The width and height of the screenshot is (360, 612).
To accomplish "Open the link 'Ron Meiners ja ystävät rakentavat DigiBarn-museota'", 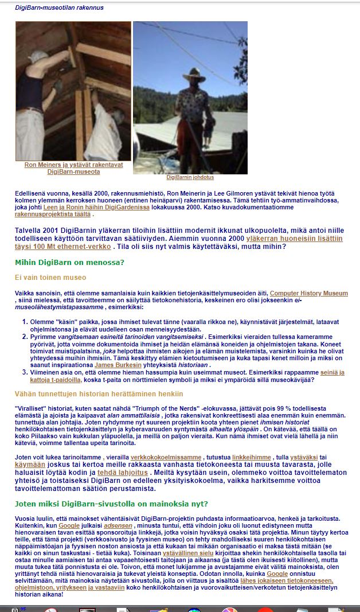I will click(73, 168).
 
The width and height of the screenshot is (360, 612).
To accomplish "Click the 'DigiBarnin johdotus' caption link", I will click(190, 177).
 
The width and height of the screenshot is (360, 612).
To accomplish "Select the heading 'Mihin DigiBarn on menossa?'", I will click(69, 263).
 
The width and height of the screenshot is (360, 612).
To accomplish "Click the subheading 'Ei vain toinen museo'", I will click(50, 278).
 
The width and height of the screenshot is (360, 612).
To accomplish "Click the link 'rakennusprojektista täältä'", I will click(53, 214).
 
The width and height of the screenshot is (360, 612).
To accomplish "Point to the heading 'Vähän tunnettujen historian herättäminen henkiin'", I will click(99, 393).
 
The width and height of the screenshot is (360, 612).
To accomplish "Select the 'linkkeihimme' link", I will click(252, 457).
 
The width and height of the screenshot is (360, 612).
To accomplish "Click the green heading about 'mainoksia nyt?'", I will click(111, 504).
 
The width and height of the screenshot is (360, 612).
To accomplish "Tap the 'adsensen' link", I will click(119, 525).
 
